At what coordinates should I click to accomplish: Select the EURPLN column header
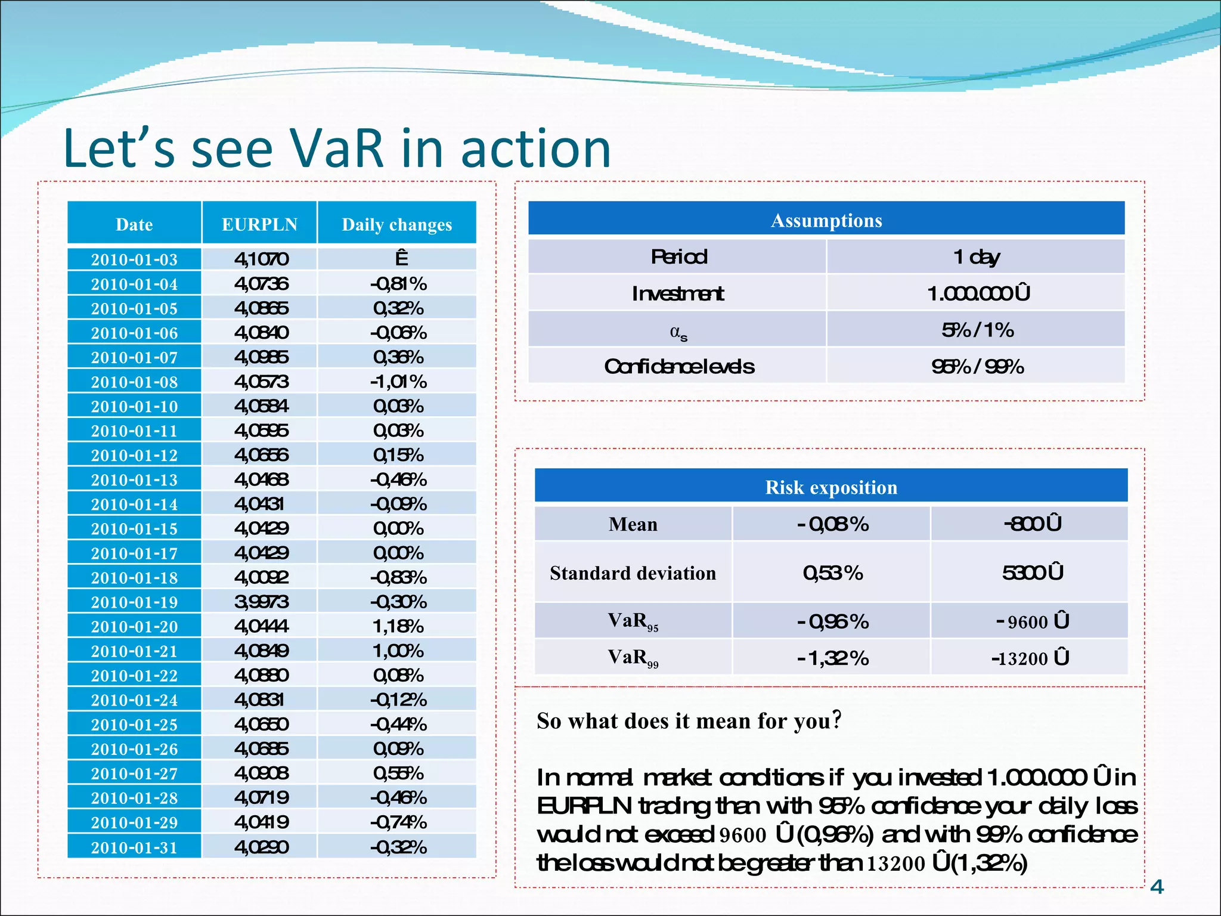tap(259, 224)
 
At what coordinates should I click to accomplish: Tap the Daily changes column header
tap(396, 224)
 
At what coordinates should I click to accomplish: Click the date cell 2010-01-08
tap(134, 382)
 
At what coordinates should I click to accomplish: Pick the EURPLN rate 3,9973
tap(261, 602)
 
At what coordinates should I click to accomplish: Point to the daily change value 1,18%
tap(398, 626)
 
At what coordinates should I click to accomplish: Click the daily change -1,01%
tap(398, 382)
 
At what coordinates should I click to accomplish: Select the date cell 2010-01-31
tap(134, 847)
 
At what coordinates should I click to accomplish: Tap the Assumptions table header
tap(826, 220)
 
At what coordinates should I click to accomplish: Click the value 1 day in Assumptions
tap(976, 257)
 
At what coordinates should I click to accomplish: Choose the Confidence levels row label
tap(679, 366)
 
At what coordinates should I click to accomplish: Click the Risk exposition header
tap(831, 487)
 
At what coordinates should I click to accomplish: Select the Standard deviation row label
tap(633, 573)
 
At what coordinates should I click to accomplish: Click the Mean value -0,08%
tap(832, 524)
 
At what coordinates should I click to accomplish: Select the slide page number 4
tap(1157, 887)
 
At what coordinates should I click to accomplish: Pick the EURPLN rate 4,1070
tap(261, 259)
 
